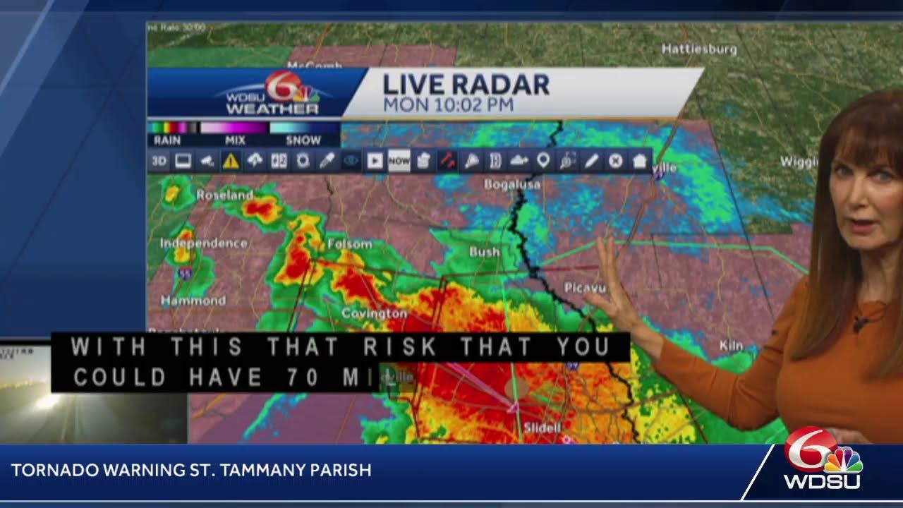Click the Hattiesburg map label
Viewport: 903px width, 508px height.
[x=699, y=49]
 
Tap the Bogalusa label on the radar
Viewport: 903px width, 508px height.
[x=512, y=185]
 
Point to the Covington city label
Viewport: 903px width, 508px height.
[x=374, y=313]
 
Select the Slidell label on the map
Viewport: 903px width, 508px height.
[x=542, y=428]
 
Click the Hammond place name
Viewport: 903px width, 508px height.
[x=193, y=301]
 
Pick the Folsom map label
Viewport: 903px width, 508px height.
[x=349, y=244]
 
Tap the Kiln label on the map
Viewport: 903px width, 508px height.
[x=731, y=346]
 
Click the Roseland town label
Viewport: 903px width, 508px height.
[x=224, y=195]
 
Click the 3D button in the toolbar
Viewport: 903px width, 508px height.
[x=159, y=162]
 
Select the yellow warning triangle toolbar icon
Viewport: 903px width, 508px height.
[x=231, y=162]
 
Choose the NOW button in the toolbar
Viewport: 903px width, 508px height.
[x=399, y=162]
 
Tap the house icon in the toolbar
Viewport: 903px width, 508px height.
[x=639, y=162]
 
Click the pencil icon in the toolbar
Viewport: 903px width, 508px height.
[x=591, y=162]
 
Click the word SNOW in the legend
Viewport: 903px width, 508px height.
[x=303, y=140]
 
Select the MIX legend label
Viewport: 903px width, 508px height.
[x=235, y=140]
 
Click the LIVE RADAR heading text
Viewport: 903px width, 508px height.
[x=466, y=85]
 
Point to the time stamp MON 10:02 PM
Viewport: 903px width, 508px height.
[x=448, y=105]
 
